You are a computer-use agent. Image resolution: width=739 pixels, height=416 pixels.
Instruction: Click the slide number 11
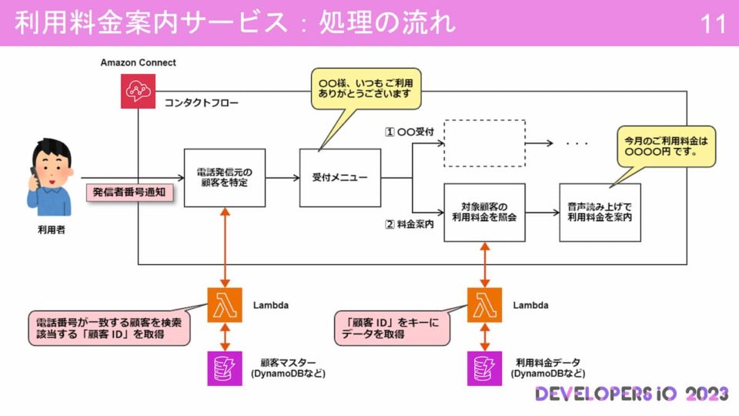pyautogui.click(x=714, y=24)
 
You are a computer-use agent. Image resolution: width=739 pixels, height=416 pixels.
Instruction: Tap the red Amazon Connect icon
pyautogui.click(x=138, y=91)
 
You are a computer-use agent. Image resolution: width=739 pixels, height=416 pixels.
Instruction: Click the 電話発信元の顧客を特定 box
pyautogui.click(x=225, y=178)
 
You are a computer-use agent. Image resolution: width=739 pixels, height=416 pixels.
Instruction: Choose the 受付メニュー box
pyautogui.click(x=339, y=178)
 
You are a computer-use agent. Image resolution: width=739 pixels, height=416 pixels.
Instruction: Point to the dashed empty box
pyautogui.click(x=484, y=143)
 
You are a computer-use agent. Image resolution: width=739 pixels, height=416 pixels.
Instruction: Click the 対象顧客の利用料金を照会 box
pyautogui.click(x=484, y=212)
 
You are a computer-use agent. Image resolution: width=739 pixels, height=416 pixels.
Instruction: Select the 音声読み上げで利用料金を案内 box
pyautogui.click(x=600, y=212)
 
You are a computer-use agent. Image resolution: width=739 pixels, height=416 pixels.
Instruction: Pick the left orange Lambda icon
pyautogui.click(x=225, y=305)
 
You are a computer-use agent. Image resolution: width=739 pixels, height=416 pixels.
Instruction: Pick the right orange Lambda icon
pyautogui.click(x=484, y=305)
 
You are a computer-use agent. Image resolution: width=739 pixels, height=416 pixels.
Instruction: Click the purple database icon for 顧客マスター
pyautogui.click(x=225, y=367)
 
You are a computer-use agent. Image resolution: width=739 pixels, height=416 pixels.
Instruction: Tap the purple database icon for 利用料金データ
pyautogui.click(x=484, y=367)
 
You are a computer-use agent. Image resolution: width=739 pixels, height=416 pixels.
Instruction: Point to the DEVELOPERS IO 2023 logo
pyautogui.click(x=631, y=394)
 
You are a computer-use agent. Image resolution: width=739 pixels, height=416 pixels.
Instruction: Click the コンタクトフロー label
pyautogui.click(x=201, y=103)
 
